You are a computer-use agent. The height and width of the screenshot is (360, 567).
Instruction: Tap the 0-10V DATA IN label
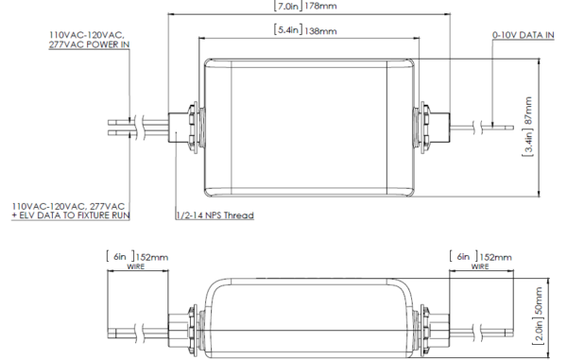click(x=520, y=34)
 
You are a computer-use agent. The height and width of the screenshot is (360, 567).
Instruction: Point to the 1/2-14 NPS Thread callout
click(x=216, y=215)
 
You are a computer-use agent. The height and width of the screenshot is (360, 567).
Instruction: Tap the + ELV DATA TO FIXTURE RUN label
click(x=70, y=215)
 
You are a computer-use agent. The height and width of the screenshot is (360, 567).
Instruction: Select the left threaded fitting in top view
click(x=186, y=127)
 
